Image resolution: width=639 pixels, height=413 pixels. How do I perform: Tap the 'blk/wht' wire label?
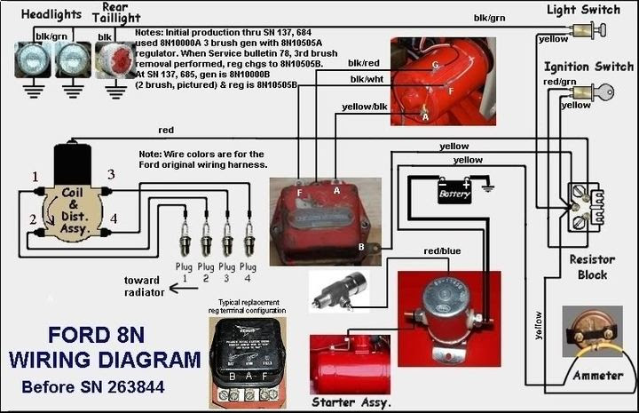pos(367,80)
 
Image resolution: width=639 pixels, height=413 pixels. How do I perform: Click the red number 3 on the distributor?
pos(111,175)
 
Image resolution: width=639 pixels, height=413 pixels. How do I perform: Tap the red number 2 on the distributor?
pos(32,219)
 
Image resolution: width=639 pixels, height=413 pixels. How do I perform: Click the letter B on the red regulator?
pos(361,246)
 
